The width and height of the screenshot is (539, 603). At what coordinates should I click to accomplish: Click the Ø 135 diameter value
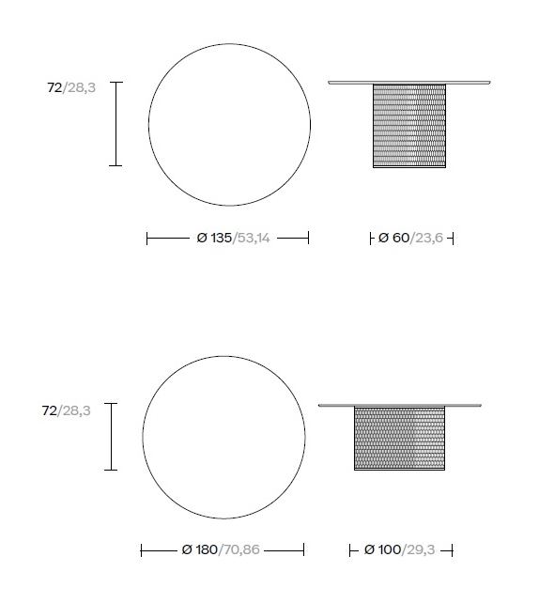click(213, 239)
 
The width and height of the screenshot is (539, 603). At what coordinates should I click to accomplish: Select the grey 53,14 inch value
click(252, 239)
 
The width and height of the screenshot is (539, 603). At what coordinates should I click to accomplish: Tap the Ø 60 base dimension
click(393, 239)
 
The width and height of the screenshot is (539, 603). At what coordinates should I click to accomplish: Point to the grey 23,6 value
click(427, 239)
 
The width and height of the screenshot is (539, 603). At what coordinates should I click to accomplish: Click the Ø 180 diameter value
click(199, 549)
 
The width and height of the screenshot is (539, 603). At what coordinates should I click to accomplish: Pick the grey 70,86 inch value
click(239, 549)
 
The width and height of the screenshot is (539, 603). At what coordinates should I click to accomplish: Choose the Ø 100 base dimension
click(382, 549)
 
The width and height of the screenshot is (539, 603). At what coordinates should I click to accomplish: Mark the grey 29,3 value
click(420, 549)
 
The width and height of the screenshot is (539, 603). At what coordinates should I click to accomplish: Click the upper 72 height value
click(54, 88)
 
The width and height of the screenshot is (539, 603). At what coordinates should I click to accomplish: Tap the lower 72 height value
click(49, 410)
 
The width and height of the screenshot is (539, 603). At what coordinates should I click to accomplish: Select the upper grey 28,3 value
click(80, 88)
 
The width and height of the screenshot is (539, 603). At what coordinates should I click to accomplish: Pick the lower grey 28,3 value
click(74, 410)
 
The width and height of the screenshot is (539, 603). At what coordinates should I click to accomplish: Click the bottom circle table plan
click(223, 438)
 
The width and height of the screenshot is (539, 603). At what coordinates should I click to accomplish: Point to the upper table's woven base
click(408, 126)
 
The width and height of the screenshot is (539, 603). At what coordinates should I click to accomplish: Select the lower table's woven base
click(399, 438)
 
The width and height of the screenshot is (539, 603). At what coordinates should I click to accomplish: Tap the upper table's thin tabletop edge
click(408, 83)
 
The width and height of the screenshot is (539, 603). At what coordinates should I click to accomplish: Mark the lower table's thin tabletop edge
click(399, 405)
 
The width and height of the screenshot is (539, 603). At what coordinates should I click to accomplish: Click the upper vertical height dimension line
click(115, 124)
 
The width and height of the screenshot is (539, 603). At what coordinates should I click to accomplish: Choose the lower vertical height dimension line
click(112, 436)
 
